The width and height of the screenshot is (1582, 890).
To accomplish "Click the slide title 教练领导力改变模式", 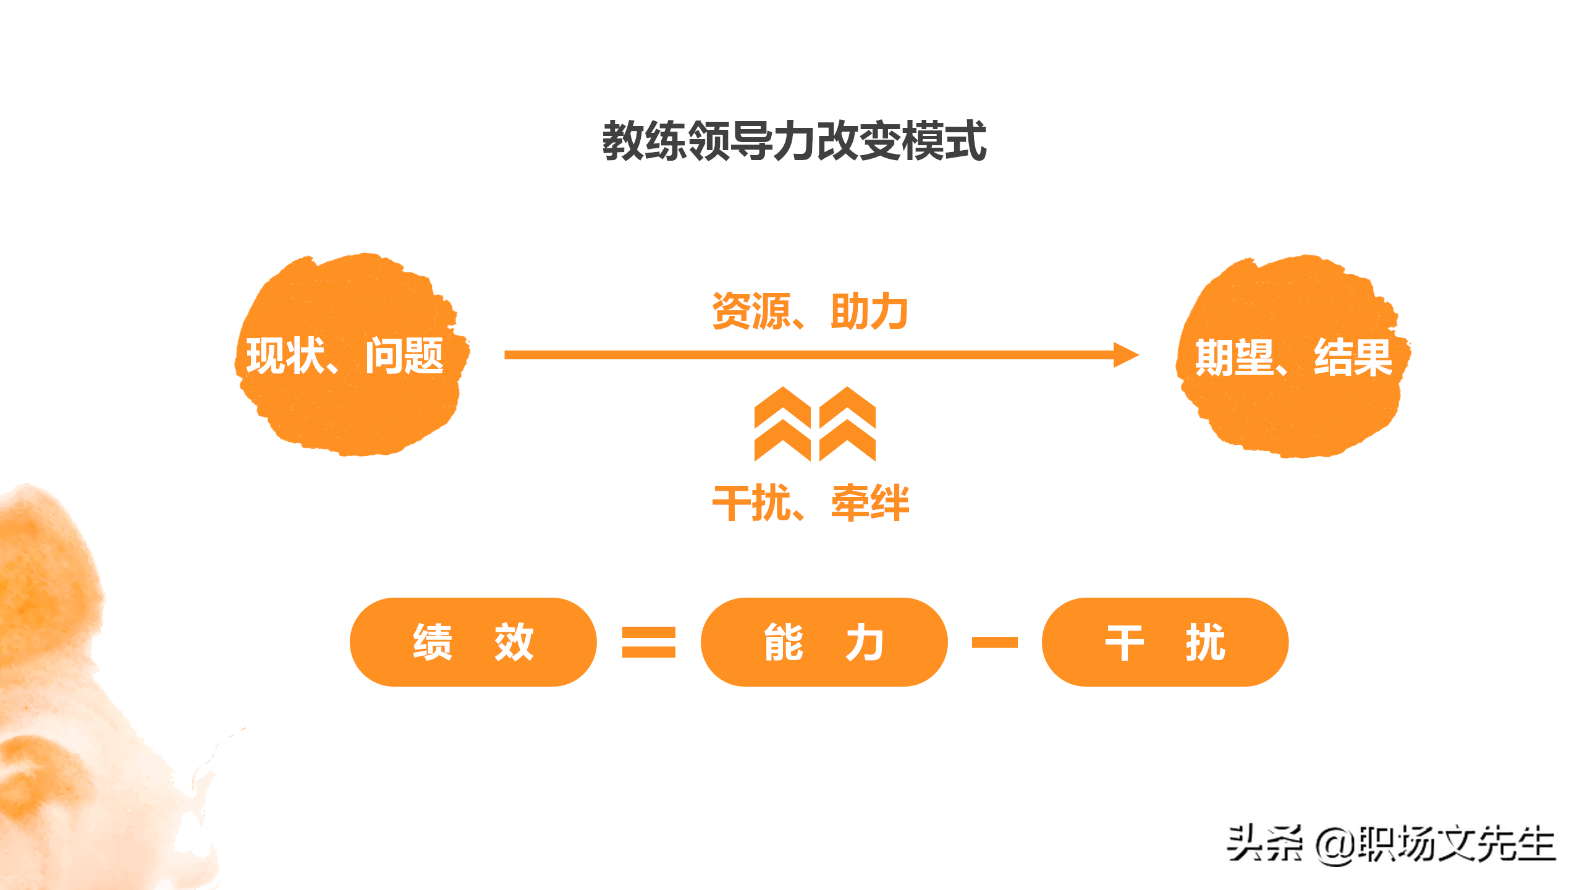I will [793, 142].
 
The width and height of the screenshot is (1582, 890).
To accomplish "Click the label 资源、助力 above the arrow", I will [810, 311].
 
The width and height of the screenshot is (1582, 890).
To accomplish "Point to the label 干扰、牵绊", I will [810, 503].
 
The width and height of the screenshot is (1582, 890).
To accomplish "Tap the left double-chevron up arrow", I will [782, 424].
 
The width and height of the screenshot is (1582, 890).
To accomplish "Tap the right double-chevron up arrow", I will [847, 424].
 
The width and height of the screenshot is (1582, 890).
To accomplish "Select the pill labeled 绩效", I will [473, 642].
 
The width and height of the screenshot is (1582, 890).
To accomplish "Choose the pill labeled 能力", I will [824, 642].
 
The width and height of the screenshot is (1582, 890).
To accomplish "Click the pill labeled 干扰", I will [1165, 642].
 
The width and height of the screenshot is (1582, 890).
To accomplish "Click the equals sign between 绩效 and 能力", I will [648, 642].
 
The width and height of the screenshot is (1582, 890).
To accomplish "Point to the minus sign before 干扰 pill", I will [994, 643].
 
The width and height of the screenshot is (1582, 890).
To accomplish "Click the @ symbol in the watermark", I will [1336, 845].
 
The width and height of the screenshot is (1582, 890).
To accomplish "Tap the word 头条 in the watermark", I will [1264, 844].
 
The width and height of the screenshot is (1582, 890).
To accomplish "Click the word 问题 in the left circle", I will [404, 356].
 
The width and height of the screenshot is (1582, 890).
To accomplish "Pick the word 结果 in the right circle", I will [1353, 357].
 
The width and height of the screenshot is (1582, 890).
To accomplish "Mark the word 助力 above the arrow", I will [869, 311].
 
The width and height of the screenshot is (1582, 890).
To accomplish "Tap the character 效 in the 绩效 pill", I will [514, 642].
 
